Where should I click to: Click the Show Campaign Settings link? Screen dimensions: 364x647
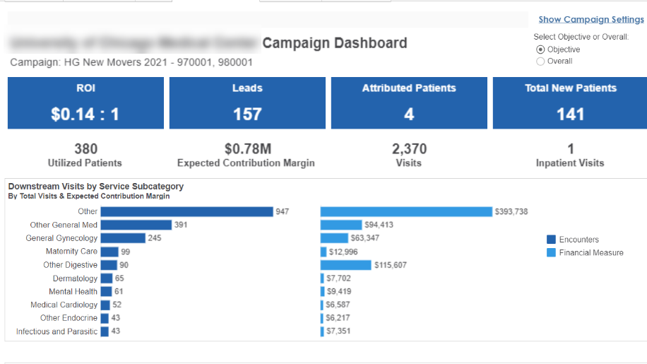[x=591, y=20]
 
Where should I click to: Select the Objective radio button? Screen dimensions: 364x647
[x=541, y=49]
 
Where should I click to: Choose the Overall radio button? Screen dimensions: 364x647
[x=541, y=61]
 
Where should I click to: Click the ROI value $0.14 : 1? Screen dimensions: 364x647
[x=85, y=115]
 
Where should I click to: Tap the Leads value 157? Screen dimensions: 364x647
[x=247, y=115]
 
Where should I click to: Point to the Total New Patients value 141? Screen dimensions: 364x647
[x=570, y=115]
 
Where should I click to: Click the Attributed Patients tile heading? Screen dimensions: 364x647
[x=409, y=88]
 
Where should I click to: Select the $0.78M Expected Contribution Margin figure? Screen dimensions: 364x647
[x=247, y=149]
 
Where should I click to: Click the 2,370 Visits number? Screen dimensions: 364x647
[x=409, y=149]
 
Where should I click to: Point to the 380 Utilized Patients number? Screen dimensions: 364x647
[x=85, y=149]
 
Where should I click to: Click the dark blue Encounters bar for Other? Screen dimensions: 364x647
[x=186, y=211]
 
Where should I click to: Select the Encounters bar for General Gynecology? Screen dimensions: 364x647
[x=123, y=238]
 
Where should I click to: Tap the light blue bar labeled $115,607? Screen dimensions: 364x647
[x=345, y=265]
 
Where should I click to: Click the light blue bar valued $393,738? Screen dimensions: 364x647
[x=406, y=211]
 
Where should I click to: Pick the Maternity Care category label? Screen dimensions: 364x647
[x=71, y=252]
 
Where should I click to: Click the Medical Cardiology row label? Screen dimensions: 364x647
[x=64, y=305]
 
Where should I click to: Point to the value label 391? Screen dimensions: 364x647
[x=182, y=225]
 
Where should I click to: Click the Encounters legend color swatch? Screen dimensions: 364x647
[x=552, y=240]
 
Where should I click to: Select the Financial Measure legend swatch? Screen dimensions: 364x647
[x=552, y=252]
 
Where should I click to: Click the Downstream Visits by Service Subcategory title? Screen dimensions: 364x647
[x=96, y=187]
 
